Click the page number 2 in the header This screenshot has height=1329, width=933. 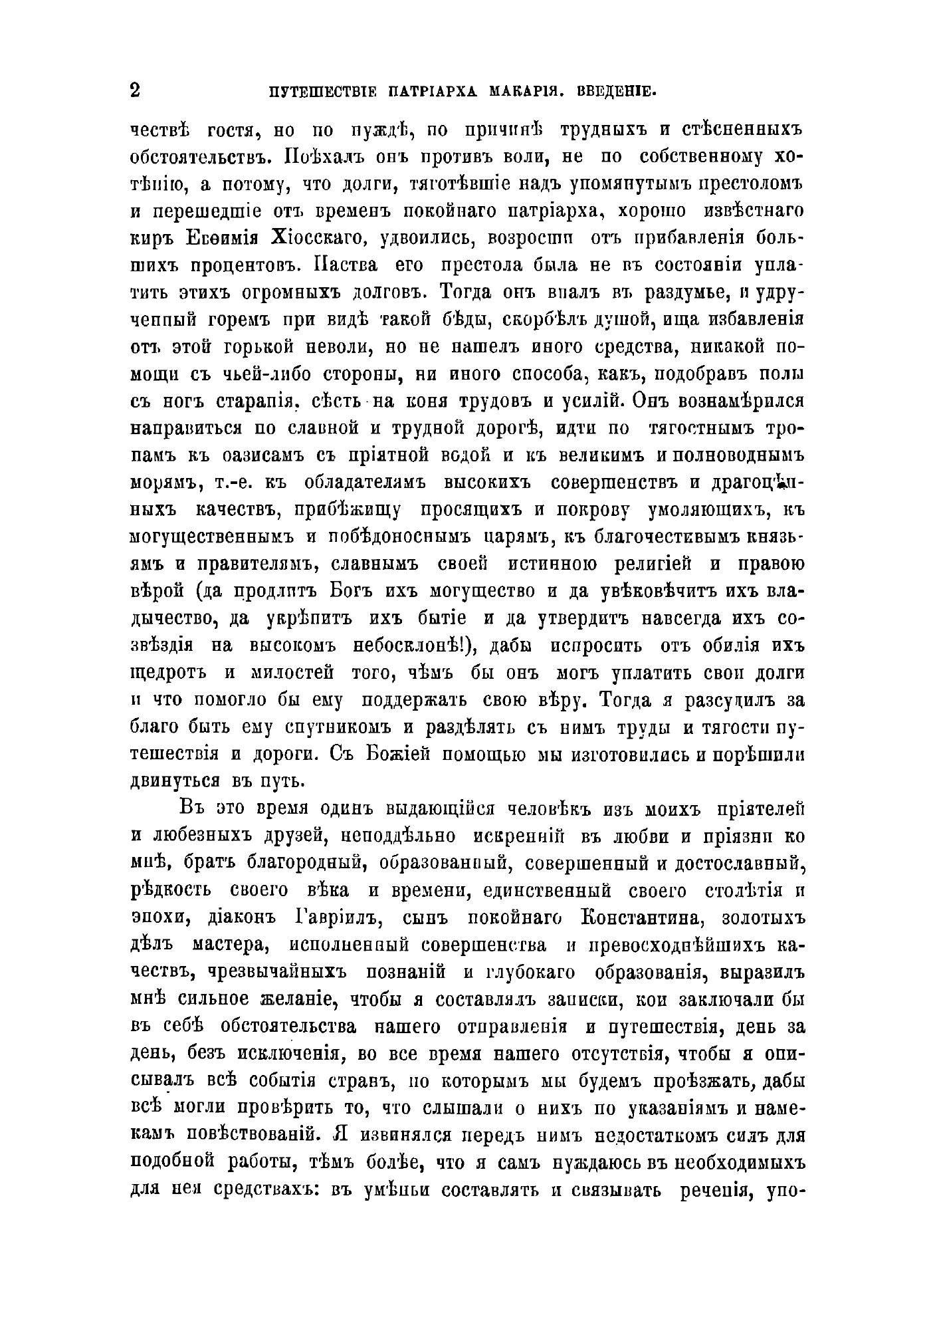(x=135, y=90)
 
